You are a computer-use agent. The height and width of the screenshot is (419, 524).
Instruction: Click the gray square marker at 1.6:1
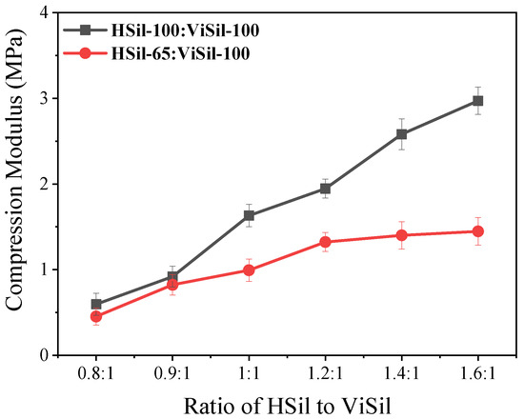pos(477,100)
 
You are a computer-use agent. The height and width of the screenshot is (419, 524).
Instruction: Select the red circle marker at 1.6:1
pos(477,231)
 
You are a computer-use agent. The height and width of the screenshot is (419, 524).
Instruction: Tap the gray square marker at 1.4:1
pos(401,134)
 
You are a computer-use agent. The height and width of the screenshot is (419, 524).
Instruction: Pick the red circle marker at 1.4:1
pos(401,235)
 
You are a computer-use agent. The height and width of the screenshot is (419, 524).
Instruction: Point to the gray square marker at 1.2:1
pos(325,189)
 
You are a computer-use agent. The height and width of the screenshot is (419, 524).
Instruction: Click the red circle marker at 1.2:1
pos(325,242)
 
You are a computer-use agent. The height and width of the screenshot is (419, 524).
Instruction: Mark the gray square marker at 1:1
pos(249,215)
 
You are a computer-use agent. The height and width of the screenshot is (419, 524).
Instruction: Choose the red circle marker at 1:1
pos(249,270)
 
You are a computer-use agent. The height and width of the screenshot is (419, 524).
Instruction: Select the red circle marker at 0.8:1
pos(96,316)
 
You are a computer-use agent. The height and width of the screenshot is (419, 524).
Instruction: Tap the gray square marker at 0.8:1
pos(96,305)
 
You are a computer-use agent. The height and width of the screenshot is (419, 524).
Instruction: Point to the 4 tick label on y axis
pos(45,12)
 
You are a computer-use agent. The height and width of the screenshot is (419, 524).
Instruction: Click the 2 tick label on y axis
pos(45,184)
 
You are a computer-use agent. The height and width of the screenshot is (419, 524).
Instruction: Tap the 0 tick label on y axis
pos(45,355)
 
